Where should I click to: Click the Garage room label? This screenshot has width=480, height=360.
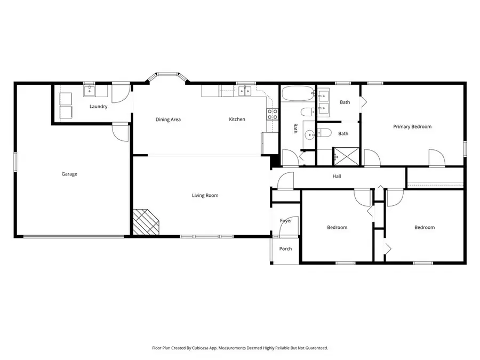pos(69,174)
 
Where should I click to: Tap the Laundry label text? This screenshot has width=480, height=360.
pos(99,107)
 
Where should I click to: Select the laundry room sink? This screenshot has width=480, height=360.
pos(89,91)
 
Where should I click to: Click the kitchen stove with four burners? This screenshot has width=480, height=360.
pos(272,114)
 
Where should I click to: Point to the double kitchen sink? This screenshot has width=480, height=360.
pos(245,91)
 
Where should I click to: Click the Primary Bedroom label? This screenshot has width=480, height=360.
pos(412,127)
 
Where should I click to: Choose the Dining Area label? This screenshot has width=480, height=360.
pos(168,119)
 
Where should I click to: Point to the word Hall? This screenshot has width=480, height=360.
pos(337,177)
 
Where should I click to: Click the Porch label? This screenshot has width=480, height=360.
pos(285,249)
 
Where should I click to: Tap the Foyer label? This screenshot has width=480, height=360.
pos(286,221)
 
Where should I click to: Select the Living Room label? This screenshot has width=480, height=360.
pos(205,196)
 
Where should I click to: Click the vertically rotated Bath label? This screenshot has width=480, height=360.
pos(295,129)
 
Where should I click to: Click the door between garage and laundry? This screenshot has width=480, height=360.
pos(120,132)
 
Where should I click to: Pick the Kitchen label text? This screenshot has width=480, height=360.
pos(237,119)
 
